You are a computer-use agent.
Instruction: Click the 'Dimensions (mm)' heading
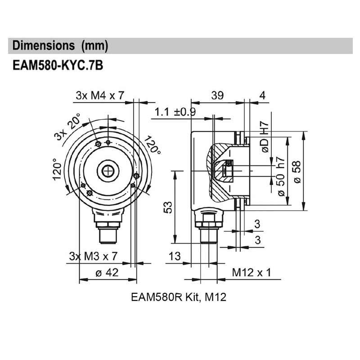click(x=60, y=45)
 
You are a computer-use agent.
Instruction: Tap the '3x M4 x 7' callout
click(x=100, y=95)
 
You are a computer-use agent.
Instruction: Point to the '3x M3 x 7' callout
click(x=93, y=256)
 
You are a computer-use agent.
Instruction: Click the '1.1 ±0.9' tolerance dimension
click(x=175, y=112)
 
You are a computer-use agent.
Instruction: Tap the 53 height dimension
click(x=167, y=207)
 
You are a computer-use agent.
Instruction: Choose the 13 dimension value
click(x=175, y=256)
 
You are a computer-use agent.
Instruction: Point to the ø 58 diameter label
click(x=297, y=171)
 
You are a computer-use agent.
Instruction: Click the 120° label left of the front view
click(x=57, y=169)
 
